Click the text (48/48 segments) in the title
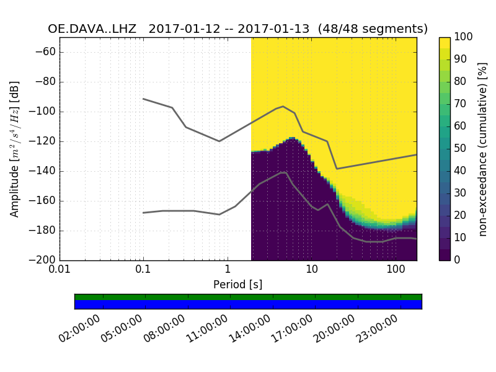(379, 29)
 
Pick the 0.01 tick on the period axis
(60, 271)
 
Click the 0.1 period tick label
(143, 271)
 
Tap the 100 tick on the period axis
(395, 271)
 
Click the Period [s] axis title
(237, 285)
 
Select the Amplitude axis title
(15, 149)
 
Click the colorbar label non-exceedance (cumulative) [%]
(483, 149)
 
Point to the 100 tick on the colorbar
(464, 37)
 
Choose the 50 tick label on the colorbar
(461, 149)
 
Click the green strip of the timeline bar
(248, 297)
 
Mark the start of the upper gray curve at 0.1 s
(143, 99)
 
